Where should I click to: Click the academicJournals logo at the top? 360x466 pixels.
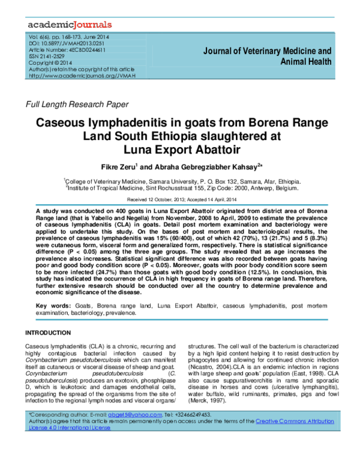tap(69, 25)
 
